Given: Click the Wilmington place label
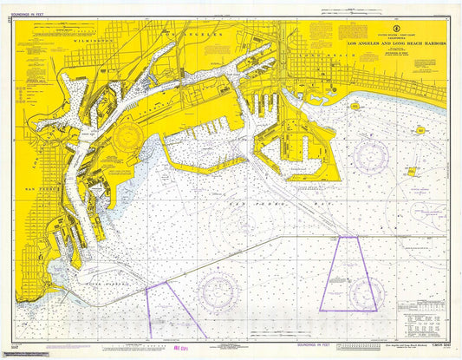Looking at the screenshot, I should click(x=94, y=40).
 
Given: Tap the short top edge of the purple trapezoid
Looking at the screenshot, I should click(x=348, y=237).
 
